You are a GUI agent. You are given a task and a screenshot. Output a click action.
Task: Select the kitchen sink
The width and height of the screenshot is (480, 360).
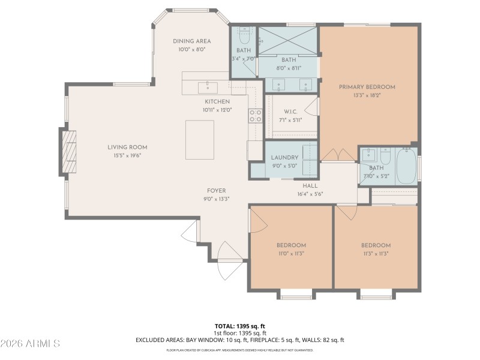click(x=208, y=87)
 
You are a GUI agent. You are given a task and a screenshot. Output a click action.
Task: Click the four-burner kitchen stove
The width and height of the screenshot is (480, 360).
click(x=256, y=115)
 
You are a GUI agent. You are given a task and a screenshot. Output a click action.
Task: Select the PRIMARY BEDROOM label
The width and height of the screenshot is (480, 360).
click(x=367, y=87)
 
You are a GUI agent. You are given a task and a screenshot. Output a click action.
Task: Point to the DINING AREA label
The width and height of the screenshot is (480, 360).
click(x=191, y=41)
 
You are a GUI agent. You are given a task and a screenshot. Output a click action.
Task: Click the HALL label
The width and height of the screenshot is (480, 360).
click(x=310, y=185)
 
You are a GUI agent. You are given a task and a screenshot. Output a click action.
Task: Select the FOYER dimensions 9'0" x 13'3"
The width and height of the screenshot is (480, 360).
click(x=216, y=199)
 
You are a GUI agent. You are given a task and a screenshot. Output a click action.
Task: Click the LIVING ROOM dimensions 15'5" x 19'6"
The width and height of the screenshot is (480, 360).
click(x=127, y=155)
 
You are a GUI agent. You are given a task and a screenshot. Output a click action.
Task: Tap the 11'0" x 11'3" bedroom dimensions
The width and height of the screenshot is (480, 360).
click(x=291, y=253)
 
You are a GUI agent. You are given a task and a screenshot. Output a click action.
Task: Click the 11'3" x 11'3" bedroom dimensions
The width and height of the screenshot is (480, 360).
click(x=376, y=253)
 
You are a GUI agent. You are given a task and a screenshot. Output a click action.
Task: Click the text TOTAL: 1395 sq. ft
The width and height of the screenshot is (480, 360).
click(x=240, y=326)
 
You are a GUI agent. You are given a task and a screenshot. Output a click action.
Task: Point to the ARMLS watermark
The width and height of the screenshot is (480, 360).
click(x=30, y=344)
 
